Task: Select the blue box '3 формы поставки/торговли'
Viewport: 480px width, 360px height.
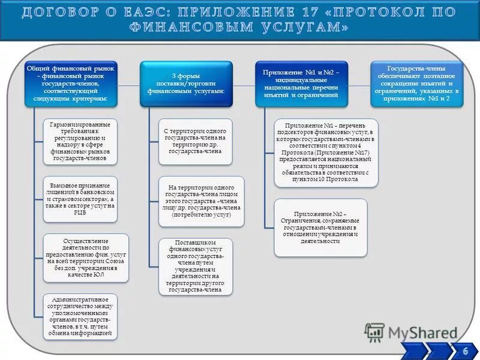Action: (x=185, y=84)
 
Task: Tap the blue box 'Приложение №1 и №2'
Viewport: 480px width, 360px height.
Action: (x=301, y=85)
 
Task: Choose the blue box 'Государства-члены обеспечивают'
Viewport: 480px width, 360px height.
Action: (x=418, y=84)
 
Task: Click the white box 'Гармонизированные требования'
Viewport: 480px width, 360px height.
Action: (x=80, y=142)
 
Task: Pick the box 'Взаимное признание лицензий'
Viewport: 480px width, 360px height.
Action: (x=80, y=197)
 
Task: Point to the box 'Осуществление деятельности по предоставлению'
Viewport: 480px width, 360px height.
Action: (x=85, y=256)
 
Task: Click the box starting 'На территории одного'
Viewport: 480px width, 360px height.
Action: (x=201, y=201)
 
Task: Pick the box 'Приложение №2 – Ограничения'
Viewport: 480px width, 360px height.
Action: (x=320, y=227)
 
